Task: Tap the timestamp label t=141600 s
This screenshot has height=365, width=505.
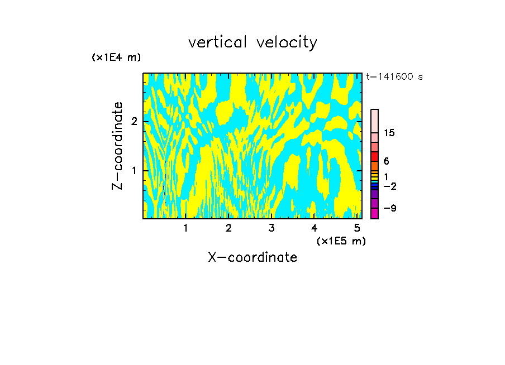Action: pyautogui.click(x=394, y=76)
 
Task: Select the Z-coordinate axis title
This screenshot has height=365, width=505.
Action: pyautogui.click(x=118, y=146)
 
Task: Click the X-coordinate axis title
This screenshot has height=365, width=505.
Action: pyautogui.click(x=252, y=257)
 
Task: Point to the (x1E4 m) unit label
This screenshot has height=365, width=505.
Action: pyautogui.click(x=116, y=57)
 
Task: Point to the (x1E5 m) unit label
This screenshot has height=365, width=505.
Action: pyautogui.click(x=341, y=241)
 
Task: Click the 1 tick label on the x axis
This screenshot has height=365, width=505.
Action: pyautogui.click(x=185, y=228)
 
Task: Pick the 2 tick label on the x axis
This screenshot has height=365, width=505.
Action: pyautogui.click(x=228, y=228)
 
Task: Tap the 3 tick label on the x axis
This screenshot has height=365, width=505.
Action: pyautogui.click(x=271, y=228)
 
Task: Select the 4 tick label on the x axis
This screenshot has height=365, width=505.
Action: pyautogui.click(x=314, y=228)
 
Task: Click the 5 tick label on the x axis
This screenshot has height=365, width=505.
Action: pyautogui.click(x=357, y=228)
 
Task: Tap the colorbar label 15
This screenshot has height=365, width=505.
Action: pyautogui.click(x=389, y=133)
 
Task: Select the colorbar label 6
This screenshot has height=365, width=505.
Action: pyautogui.click(x=387, y=161)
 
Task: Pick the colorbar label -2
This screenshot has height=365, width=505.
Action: pyautogui.click(x=390, y=186)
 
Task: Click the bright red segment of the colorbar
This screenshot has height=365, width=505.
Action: pyautogui.click(x=374, y=156)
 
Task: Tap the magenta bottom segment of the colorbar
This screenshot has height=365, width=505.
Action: pyautogui.click(x=374, y=213)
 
